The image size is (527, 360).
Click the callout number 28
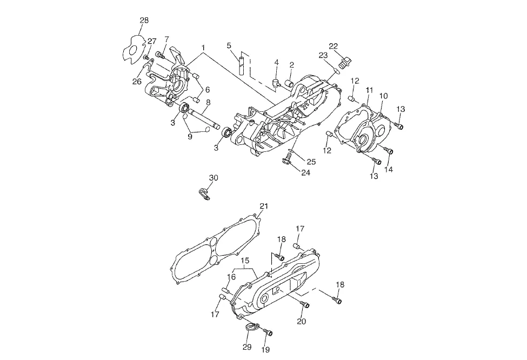pyautogui.click(x=144, y=20)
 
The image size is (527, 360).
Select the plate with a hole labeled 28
pyautogui.click(x=133, y=49)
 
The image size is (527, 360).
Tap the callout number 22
pyautogui.click(x=333, y=46)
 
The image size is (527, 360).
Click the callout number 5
pyautogui.click(x=229, y=45)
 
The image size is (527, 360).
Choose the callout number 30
pyautogui.click(x=214, y=178)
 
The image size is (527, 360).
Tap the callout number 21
pyautogui.click(x=264, y=206)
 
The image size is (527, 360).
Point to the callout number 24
pyautogui.click(x=305, y=173)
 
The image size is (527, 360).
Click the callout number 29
pyautogui.click(x=247, y=347)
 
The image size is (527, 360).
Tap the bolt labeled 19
pyautogui.click(x=268, y=332)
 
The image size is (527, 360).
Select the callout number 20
pyautogui.click(x=302, y=322)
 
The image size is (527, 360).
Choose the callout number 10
pyautogui.click(x=383, y=96)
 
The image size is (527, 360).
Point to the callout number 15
pyautogui.click(x=245, y=261)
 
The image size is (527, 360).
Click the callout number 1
pyautogui.click(x=203, y=48)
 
